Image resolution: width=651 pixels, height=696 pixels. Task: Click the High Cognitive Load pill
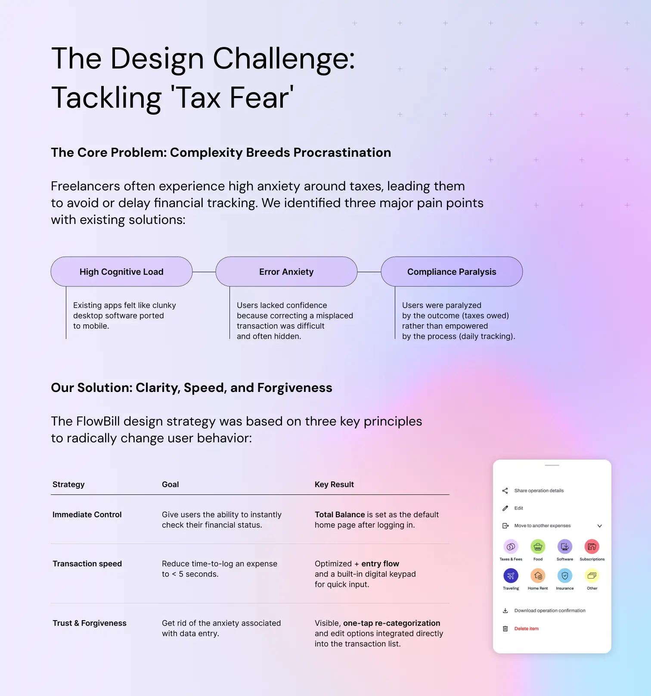121,272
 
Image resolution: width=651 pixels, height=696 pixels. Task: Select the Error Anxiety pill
286,272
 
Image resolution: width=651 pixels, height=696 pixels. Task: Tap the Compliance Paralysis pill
452,272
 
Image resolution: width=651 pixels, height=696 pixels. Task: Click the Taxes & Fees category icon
511,547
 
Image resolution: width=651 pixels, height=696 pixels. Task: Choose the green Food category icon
538,547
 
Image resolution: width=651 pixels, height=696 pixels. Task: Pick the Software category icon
565,547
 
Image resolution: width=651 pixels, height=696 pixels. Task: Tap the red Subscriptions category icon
592,547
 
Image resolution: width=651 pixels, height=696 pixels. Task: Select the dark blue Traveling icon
511,575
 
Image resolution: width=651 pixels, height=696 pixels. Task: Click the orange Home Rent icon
538,575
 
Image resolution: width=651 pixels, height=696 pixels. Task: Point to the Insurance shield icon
565,575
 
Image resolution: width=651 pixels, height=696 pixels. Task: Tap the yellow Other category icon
592,575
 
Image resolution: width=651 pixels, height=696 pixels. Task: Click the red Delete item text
527,629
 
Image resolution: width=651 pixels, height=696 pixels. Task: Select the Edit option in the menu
519,508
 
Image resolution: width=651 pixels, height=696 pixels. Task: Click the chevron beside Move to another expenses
599,526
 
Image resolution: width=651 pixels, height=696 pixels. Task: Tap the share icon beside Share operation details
505,491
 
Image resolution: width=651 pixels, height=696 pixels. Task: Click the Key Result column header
334,485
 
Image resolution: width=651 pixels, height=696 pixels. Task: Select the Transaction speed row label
87,564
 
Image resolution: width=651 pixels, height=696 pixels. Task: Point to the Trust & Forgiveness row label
90,623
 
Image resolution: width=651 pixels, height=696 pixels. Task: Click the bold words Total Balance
340,515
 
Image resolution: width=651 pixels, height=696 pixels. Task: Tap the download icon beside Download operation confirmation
505,611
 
